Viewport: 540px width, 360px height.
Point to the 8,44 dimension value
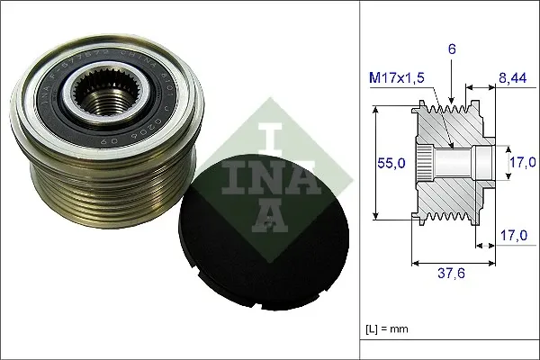point(513,78)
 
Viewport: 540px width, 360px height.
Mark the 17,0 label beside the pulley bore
point(519,163)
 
